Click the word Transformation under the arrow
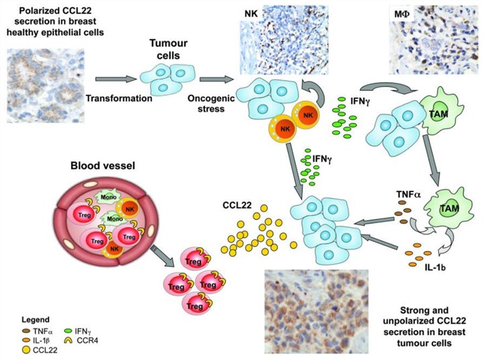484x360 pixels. [x=117, y=98]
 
